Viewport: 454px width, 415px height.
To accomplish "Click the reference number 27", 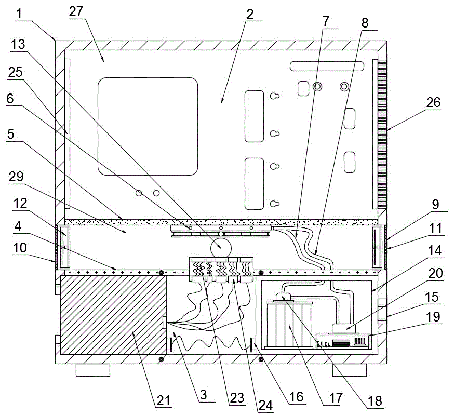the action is [x=76, y=11].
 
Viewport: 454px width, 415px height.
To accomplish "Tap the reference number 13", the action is [x=18, y=45].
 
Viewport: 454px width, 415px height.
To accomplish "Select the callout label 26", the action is [x=433, y=102].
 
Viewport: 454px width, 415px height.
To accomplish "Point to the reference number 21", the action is [x=164, y=400].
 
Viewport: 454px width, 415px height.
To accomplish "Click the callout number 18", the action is [x=375, y=401].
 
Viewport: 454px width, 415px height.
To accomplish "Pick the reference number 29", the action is [x=16, y=177].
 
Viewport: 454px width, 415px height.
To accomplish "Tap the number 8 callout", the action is [x=365, y=22].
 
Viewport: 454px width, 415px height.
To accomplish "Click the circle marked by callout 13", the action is [x=221, y=247].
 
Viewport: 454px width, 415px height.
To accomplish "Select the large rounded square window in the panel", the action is [x=148, y=126].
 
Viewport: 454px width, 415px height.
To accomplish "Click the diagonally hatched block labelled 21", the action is [x=113, y=315].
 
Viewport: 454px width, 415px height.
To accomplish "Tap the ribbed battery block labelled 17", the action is [x=289, y=324].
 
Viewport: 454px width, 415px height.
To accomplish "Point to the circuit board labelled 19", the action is [x=343, y=341].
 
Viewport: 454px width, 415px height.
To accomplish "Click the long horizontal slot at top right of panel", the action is [x=327, y=66].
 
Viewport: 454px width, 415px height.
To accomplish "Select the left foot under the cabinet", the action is [x=93, y=370].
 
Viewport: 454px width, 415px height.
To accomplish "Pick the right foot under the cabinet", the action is [x=350, y=370].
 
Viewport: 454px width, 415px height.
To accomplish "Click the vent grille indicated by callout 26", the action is [x=382, y=134].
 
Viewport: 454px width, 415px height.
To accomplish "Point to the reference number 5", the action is [x=11, y=134].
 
